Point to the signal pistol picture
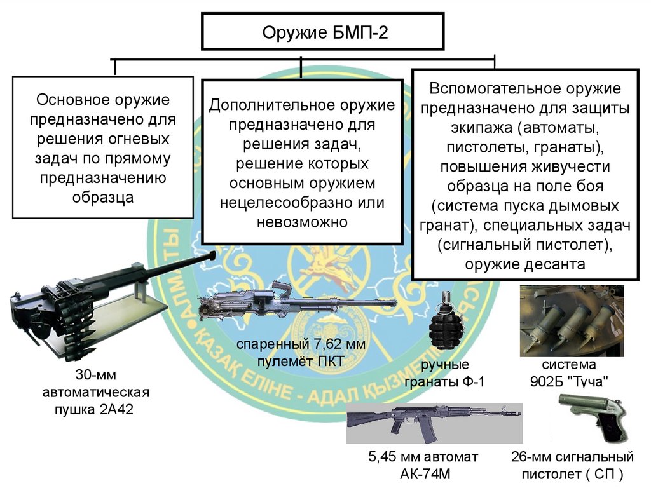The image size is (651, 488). click(x=592, y=416)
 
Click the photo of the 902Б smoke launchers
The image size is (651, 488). click(x=572, y=321)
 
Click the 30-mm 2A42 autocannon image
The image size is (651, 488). click(x=95, y=305)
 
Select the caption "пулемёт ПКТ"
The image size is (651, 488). click(x=301, y=362)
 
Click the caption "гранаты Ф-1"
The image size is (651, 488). click(x=448, y=381)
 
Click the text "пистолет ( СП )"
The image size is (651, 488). click(x=572, y=474)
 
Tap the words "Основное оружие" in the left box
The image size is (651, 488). click(x=102, y=100)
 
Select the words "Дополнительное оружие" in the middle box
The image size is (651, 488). click(x=302, y=105)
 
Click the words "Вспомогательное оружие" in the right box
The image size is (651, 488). click(x=524, y=89)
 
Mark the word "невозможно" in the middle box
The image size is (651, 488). click(x=302, y=222)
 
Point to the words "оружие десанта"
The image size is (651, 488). click(x=524, y=264)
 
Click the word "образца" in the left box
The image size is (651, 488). click(x=102, y=197)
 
